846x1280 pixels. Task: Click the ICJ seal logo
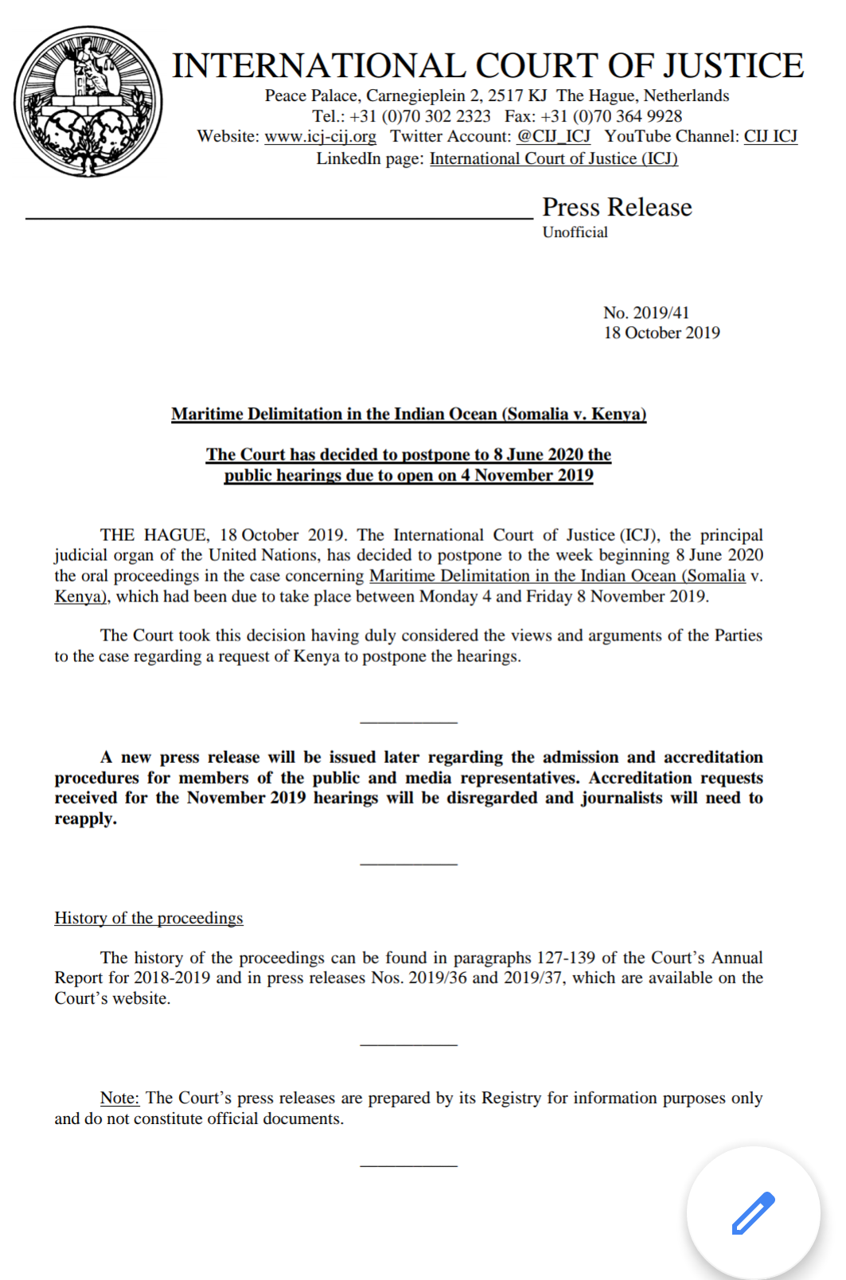[88, 101]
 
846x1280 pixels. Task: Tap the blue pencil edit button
[753, 1212]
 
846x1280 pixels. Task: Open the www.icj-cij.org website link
[320, 137]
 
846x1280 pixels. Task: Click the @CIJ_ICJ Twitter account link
[554, 137]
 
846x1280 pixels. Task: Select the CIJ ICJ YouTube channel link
[770, 137]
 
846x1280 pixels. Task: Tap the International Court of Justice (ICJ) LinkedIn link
[554, 159]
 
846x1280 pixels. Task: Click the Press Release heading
[617, 208]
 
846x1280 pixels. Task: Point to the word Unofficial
[575, 232]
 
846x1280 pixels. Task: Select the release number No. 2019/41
[646, 313]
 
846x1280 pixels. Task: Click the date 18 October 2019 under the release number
[661, 333]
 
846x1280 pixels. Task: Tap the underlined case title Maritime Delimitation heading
[408, 414]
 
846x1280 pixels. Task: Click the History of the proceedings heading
[149, 918]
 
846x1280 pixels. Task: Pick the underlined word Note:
[119, 1099]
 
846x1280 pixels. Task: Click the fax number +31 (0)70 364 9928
[611, 116]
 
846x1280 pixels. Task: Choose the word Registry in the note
[512, 1099]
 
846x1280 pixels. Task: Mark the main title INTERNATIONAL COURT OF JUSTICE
[488, 66]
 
